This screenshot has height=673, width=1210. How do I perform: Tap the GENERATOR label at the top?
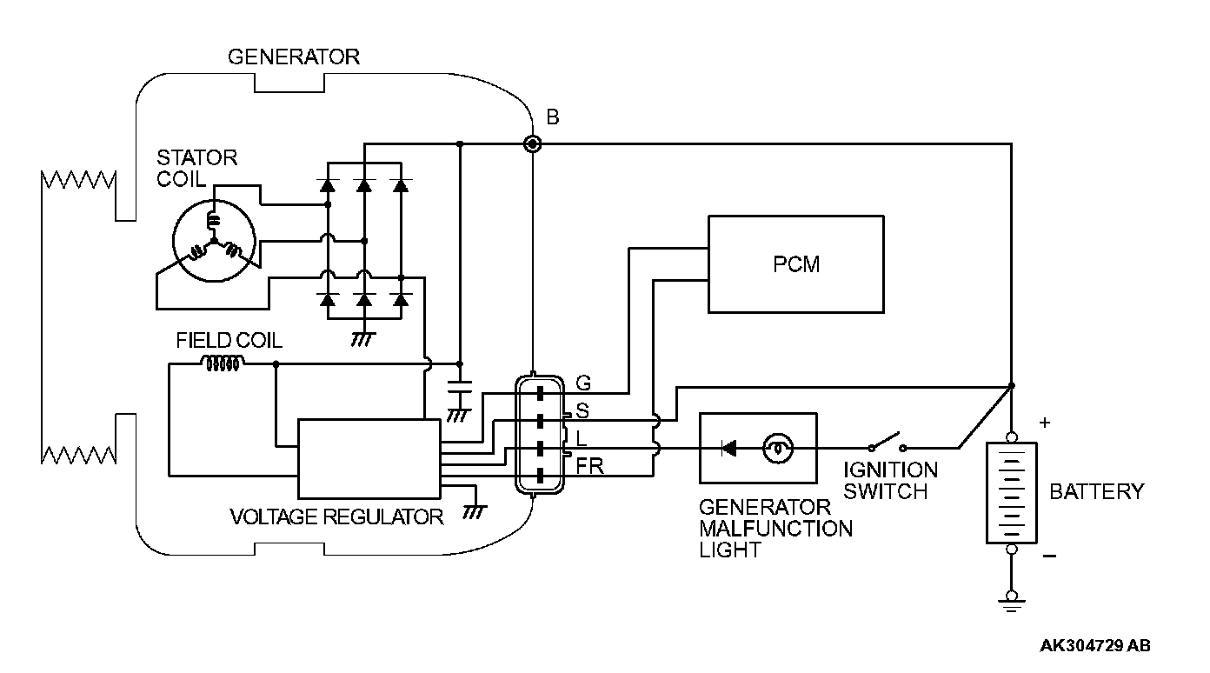pyautogui.click(x=293, y=57)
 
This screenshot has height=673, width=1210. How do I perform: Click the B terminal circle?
pyautogui.click(x=533, y=143)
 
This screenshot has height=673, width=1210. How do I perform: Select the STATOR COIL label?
pyautogui.click(x=196, y=169)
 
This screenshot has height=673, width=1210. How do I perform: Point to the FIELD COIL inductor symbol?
pyautogui.click(x=223, y=363)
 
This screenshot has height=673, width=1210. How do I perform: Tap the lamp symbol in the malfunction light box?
pyautogui.click(x=778, y=449)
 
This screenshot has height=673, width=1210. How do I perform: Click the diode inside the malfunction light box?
pyautogui.click(x=728, y=449)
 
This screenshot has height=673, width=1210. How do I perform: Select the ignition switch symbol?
pyautogui.click(x=887, y=442)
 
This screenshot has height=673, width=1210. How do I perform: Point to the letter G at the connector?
pyautogui.click(x=583, y=383)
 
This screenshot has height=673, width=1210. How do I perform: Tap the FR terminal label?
pyautogui.click(x=590, y=465)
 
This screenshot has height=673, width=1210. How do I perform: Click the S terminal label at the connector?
pyautogui.click(x=582, y=410)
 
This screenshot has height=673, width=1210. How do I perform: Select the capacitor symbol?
pyautogui.click(x=460, y=387)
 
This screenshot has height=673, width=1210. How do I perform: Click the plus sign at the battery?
pyautogui.click(x=1045, y=423)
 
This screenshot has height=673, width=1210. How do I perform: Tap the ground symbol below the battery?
pyautogui.click(x=1012, y=602)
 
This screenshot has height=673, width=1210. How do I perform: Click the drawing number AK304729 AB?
pyautogui.click(x=1095, y=645)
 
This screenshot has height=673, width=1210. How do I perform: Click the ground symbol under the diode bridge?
pyautogui.click(x=363, y=339)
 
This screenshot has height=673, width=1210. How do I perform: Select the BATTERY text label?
pyautogui.click(x=1097, y=491)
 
